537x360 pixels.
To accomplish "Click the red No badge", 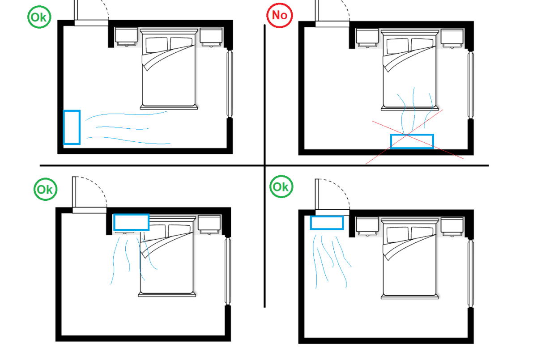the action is click(x=280, y=15).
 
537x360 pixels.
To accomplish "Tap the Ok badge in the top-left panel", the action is click(x=39, y=17).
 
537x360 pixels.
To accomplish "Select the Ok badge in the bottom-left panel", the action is click(x=45, y=189).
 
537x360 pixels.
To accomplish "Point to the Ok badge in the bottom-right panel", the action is click(x=281, y=186).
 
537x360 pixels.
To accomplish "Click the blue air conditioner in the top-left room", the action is click(x=72, y=127).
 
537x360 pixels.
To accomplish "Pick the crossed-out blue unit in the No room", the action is click(x=412, y=141).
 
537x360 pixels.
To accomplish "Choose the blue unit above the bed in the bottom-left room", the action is click(x=131, y=222).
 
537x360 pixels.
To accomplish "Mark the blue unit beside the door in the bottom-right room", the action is click(x=327, y=223).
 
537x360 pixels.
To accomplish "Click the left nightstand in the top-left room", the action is click(x=126, y=37).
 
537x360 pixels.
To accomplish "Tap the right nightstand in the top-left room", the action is click(x=211, y=37).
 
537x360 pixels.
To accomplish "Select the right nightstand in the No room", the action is click(x=452, y=38).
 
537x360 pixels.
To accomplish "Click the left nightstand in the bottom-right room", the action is click(x=367, y=226).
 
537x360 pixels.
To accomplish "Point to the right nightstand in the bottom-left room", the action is click(x=209, y=224).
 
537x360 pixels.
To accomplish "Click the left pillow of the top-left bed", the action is click(x=157, y=45).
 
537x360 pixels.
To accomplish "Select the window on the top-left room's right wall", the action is click(x=230, y=84).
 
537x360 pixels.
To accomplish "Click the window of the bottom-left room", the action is click(x=228, y=271).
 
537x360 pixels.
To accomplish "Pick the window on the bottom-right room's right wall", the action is click(x=471, y=273).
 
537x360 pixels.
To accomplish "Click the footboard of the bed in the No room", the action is click(x=410, y=109).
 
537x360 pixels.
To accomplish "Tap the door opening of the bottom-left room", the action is click(x=89, y=210).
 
